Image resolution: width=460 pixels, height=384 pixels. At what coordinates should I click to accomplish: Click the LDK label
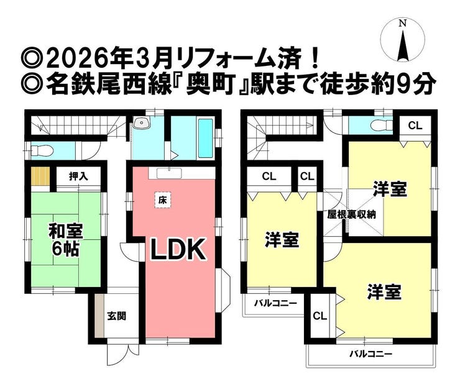tap(178, 249)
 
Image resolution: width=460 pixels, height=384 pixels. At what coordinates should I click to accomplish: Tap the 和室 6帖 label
tap(66, 239)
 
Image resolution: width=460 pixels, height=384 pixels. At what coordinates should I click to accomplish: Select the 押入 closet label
tap(78, 176)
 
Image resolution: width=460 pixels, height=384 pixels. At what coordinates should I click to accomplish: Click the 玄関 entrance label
tap(116, 316)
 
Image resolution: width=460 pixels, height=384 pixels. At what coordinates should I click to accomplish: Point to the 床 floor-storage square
tap(162, 200)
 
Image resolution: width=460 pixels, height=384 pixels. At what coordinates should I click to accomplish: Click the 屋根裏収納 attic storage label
tap(351, 214)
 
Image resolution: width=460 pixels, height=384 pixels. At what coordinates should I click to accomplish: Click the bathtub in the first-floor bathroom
tap(205, 138)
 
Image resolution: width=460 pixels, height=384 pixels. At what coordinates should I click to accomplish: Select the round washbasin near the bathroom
tap(141, 122)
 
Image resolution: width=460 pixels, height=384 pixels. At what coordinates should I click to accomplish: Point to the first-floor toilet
tap(42, 151)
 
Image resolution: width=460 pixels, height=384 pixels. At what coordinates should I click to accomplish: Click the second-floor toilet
tap(381, 126)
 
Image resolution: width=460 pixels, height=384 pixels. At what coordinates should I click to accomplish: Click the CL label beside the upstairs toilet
tap(415, 126)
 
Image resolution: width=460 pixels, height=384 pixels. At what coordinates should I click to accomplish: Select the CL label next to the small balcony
tap(320, 316)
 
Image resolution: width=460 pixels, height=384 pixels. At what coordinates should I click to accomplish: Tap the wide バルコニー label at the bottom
tap(370, 354)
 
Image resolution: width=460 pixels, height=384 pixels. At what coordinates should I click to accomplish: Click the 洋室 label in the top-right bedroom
tap(390, 190)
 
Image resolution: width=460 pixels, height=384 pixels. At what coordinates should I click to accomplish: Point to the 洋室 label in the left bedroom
tap(282, 240)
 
